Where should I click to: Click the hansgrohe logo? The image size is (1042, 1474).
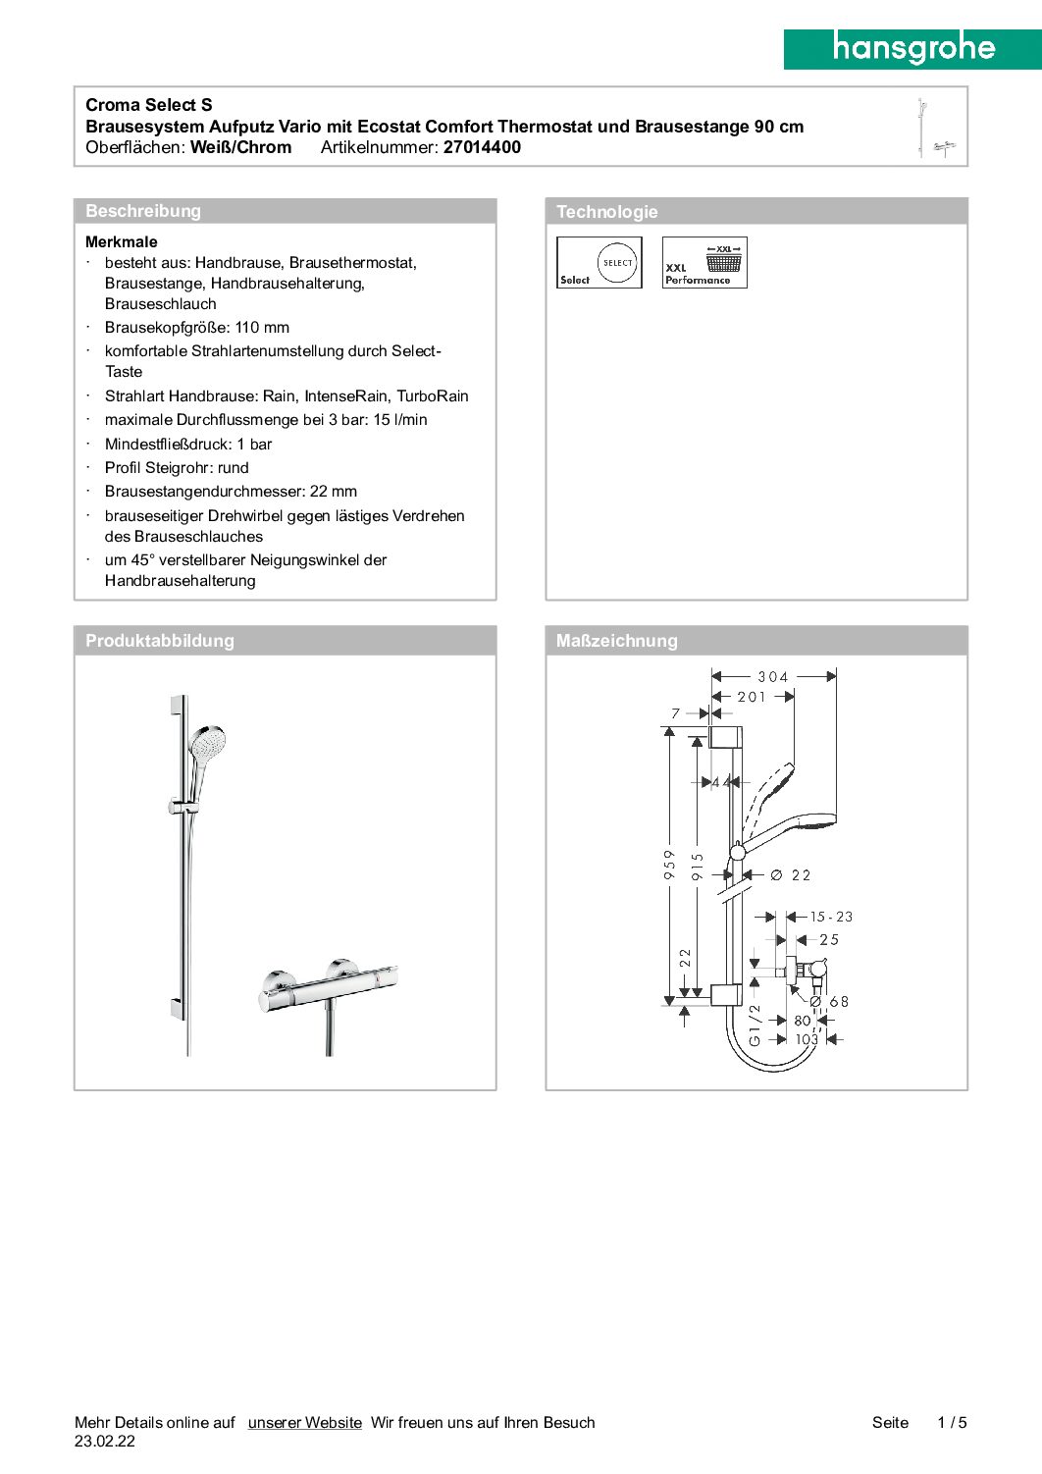click(x=912, y=48)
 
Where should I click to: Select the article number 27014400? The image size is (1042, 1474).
click(x=482, y=147)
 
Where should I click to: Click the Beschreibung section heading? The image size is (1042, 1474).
click(x=143, y=211)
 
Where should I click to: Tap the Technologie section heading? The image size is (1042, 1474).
click(x=606, y=212)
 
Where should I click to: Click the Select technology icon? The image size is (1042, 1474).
click(x=599, y=263)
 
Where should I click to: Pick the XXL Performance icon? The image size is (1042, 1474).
click(x=704, y=263)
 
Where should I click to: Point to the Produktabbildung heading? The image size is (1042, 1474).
click(x=160, y=641)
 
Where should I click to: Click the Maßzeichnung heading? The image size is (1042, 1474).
click(x=616, y=641)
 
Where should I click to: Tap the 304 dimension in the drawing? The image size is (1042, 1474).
click(x=772, y=677)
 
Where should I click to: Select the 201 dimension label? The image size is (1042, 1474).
click(x=752, y=697)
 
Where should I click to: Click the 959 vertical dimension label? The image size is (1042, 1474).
click(x=670, y=865)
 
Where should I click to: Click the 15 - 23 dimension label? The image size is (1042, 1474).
click(x=831, y=917)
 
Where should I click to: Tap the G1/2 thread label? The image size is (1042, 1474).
click(x=755, y=1025)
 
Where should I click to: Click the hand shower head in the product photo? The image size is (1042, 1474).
click(x=209, y=743)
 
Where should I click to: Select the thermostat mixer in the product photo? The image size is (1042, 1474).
click(x=329, y=985)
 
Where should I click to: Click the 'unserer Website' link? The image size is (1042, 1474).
click(x=304, y=1423)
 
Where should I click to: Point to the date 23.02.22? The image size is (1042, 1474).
click(x=105, y=1442)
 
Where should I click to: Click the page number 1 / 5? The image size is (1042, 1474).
click(x=952, y=1423)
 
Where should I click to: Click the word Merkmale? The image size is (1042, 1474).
click(x=122, y=242)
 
